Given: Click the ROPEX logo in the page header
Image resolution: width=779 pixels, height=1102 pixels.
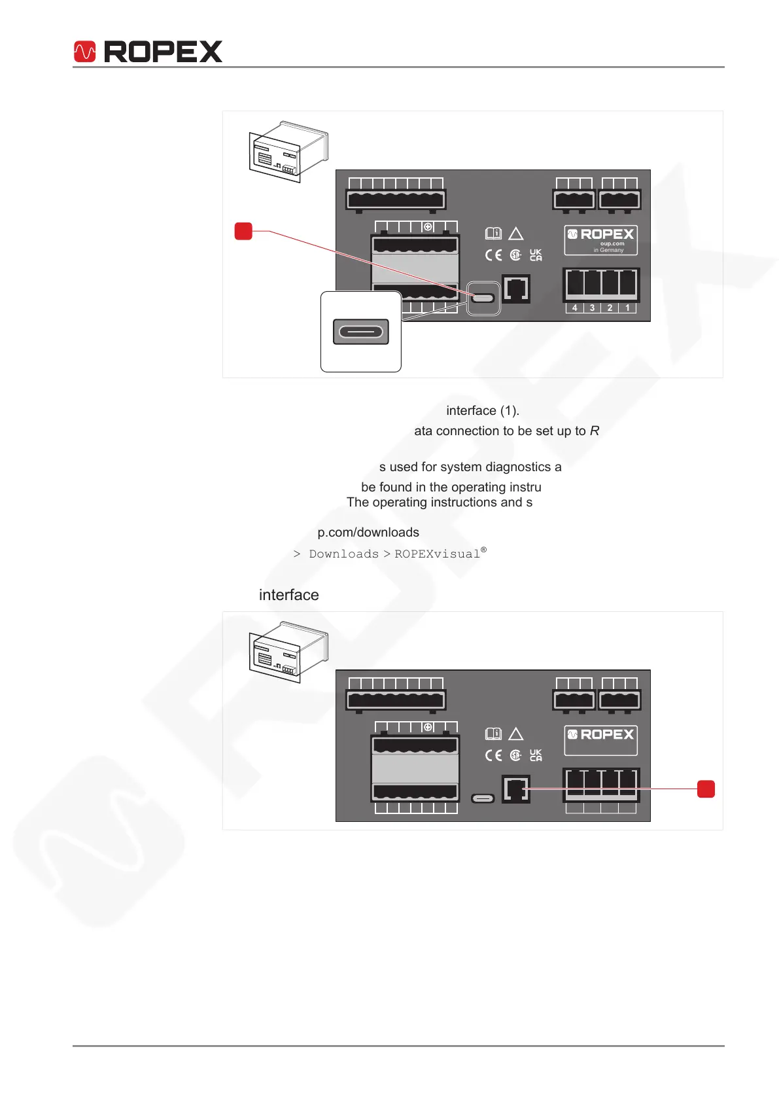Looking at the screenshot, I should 148,52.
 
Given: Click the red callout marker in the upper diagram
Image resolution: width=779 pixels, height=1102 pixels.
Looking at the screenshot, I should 243,231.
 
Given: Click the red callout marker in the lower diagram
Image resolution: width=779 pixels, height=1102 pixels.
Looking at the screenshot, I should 706,789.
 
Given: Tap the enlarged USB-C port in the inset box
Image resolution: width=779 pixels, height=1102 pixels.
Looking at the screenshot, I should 361,332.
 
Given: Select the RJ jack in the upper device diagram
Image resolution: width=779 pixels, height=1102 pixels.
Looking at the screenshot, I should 516,289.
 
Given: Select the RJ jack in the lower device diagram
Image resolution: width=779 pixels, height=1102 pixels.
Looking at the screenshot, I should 516,789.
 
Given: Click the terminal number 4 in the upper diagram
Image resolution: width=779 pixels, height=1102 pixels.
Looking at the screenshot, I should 574,308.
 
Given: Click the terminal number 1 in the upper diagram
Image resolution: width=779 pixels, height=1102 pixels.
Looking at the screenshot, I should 627,308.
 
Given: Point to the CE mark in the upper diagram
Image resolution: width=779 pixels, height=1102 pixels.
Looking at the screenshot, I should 493,255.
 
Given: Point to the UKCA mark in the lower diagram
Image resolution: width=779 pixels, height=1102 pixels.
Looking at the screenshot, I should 536,755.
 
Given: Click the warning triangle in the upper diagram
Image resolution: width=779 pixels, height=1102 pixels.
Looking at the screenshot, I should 515,234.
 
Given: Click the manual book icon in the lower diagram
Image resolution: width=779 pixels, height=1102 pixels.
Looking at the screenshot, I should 493,734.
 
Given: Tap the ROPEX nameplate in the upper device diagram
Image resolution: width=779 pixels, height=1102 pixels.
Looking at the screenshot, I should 600,240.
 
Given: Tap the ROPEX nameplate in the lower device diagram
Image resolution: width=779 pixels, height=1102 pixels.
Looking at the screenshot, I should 600,739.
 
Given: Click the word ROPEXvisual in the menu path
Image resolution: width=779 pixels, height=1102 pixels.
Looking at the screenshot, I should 437,554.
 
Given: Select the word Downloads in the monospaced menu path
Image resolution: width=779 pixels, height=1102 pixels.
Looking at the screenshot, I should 343,554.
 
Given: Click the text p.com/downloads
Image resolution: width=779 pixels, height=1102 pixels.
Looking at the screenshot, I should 368,533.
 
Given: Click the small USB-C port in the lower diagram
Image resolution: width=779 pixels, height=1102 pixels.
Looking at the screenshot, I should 483,798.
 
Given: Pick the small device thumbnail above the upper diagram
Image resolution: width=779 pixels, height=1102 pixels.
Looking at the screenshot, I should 288,151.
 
